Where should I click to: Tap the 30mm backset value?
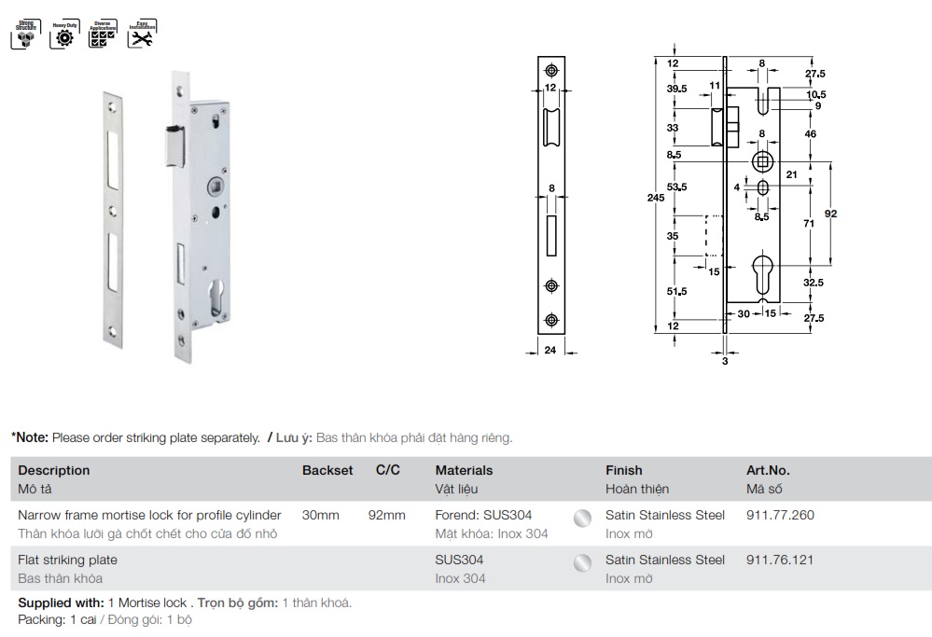320,515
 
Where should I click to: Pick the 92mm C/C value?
387,515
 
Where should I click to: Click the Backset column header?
327,470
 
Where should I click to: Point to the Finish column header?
624,470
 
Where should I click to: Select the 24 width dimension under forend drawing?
550,351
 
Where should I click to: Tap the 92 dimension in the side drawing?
831,214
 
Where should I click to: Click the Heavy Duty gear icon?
64,34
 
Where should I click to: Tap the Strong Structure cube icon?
24,34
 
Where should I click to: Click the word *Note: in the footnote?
29,436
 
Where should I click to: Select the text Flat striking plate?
68,560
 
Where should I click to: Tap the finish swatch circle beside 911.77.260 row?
582,519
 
